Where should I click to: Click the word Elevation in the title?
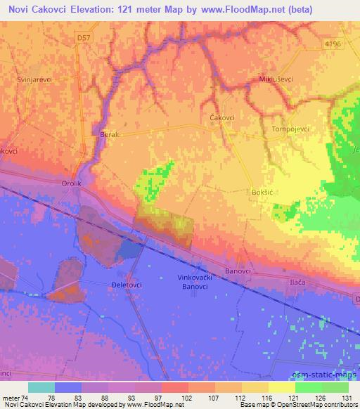tap(95, 8)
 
